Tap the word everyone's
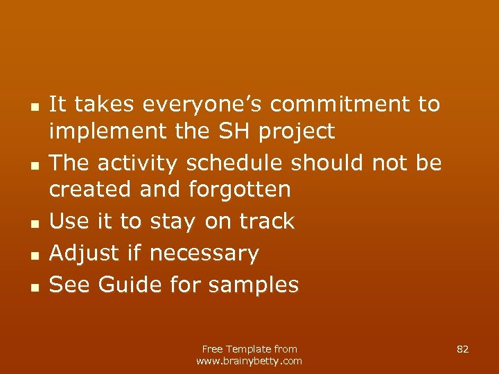point(204,105)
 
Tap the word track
point(267,221)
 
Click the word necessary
point(204,253)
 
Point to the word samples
point(248,285)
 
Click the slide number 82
point(463,349)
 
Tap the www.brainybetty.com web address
point(249,361)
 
